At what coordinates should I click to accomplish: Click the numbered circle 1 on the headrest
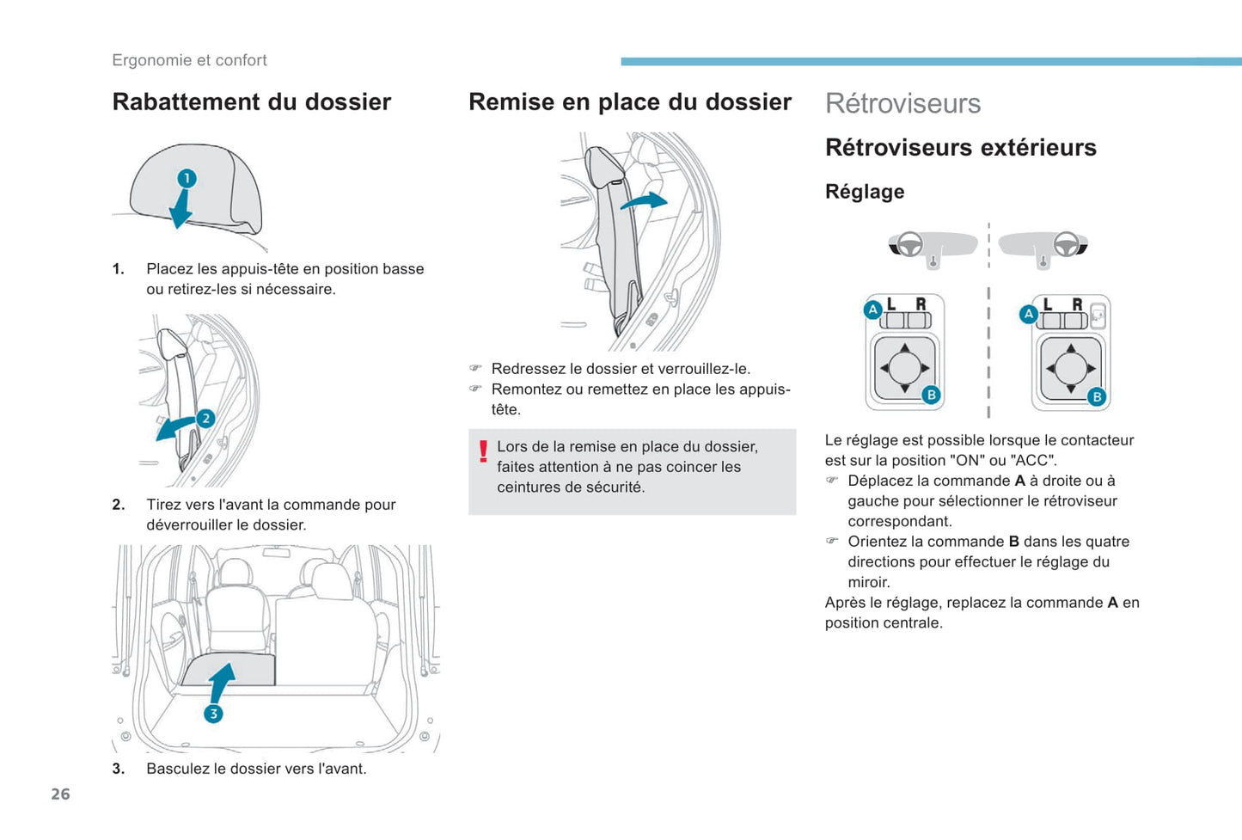coord(187,178)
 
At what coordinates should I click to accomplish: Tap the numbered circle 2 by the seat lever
coord(205,419)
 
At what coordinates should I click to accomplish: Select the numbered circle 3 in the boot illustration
coord(213,714)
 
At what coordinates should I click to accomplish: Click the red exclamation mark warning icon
coord(483,451)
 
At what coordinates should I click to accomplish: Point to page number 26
coord(60,794)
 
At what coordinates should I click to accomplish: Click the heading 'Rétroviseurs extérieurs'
coord(960,148)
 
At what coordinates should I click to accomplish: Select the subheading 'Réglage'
coord(864,192)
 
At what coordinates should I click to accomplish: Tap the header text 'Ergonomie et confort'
coord(189,60)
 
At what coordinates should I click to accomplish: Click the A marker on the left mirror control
coord(872,310)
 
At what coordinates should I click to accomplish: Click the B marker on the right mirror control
coord(1097,396)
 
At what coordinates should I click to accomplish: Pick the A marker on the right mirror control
coord(1028,314)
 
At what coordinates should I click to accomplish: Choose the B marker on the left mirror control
coord(931,395)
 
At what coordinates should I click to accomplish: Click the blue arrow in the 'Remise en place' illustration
coord(645,201)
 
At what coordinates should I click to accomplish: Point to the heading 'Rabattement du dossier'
coord(251,102)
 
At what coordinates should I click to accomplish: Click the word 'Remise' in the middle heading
coord(511,102)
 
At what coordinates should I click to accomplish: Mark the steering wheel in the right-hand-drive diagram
coord(1067,245)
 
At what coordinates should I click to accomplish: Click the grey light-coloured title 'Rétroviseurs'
coord(902,103)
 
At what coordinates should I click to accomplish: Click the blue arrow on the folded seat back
coord(222,682)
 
